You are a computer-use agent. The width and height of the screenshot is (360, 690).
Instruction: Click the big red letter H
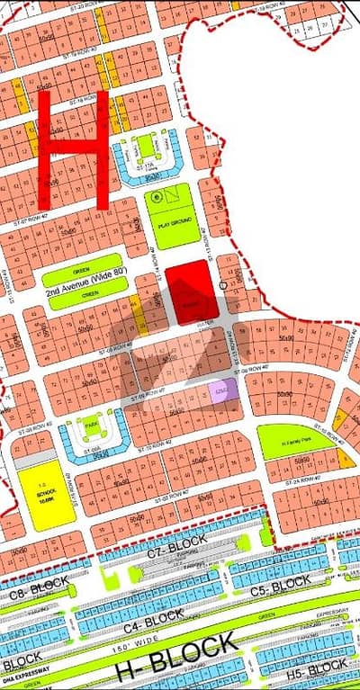[74, 148]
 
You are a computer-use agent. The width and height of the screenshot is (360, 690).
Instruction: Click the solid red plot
[192, 291]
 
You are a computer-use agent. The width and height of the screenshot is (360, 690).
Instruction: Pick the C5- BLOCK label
[282, 586]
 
